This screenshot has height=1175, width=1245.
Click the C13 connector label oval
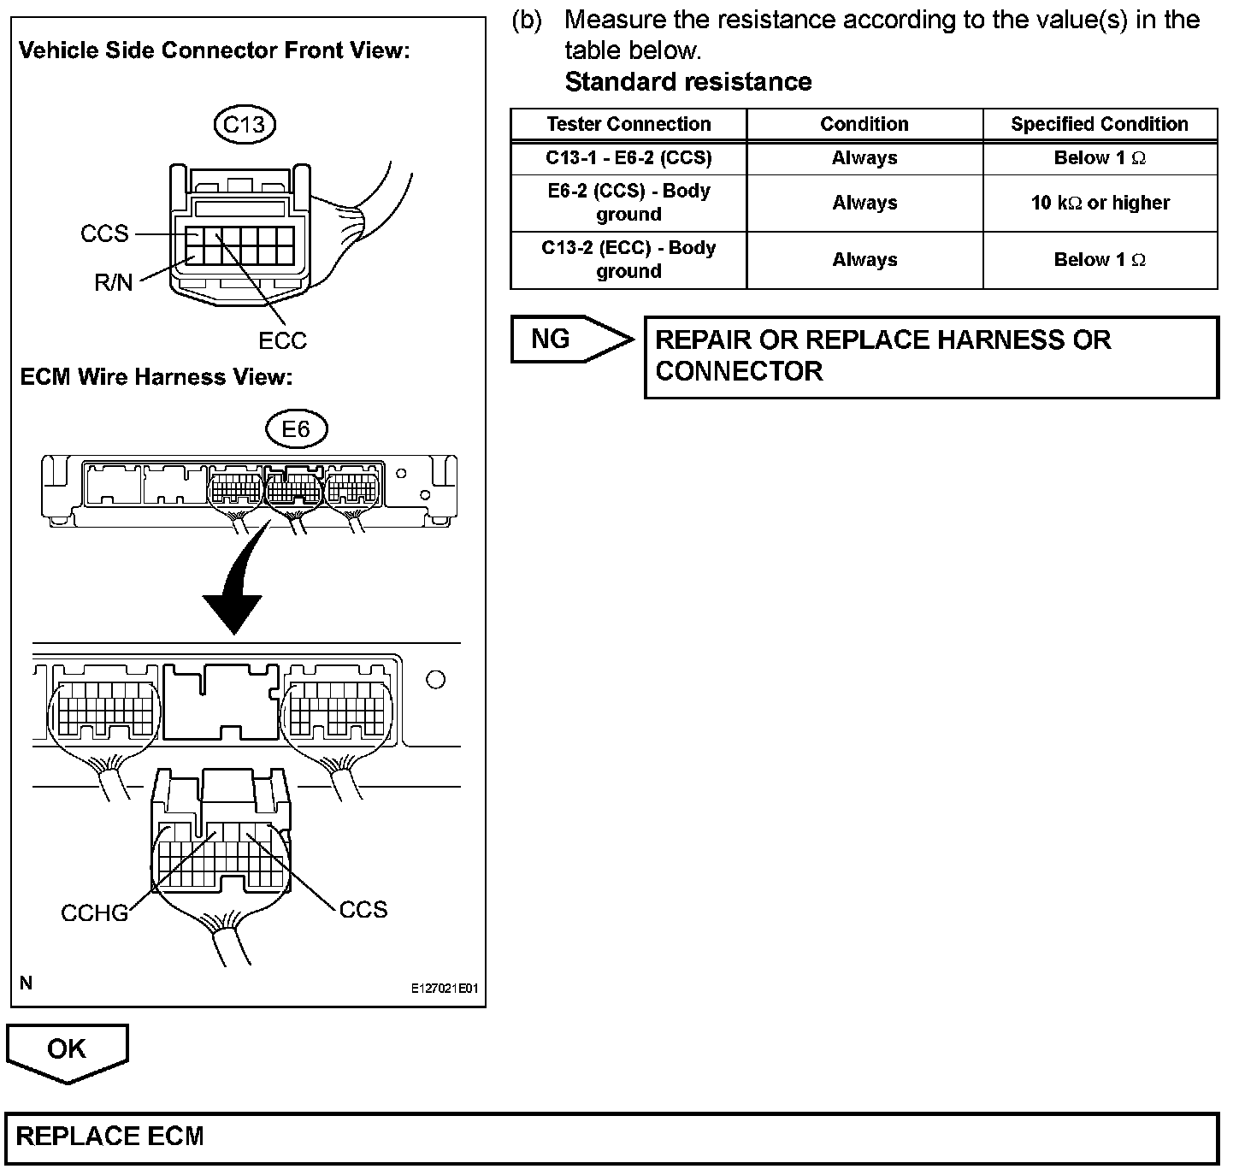(x=244, y=125)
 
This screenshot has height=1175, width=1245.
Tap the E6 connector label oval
(x=295, y=428)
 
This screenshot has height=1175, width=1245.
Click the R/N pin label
(x=114, y=282)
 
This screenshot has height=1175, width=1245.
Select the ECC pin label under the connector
(x=282, y=340)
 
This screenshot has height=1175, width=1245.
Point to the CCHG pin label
(x=94, y=913)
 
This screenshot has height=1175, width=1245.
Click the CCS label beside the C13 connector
(x=104, y=233)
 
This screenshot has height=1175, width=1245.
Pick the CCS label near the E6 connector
(x=363, y=909)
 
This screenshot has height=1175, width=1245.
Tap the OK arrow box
(x=67, y=1051)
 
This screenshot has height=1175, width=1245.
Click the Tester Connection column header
(x=628, y=124)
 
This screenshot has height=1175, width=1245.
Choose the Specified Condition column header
(x=1100, y=124)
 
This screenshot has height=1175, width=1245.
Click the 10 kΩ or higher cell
(x=1100, y=203)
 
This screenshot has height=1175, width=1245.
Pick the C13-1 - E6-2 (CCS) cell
(x=628, y=158)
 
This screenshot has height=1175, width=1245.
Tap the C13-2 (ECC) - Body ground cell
(x=628, y=259)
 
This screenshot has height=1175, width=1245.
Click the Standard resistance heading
(x=688, y=82)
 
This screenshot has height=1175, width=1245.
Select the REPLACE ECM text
(x=110, y=1137)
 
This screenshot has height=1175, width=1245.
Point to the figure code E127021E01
(x=444, y=989)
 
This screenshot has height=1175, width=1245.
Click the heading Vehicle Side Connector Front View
(x=215, y=50)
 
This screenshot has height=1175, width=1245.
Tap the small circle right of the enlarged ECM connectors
(x=435, y=680)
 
